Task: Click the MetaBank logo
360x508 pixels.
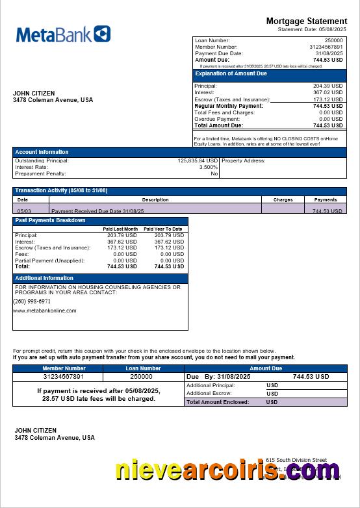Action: [63, 34]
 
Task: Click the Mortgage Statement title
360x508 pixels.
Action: [307, 21]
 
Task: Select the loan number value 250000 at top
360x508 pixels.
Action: [333, 40]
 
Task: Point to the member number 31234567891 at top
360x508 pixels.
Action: [326, 47]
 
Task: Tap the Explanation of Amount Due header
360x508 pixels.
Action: [231, 74]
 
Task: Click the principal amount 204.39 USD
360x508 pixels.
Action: [328, 86]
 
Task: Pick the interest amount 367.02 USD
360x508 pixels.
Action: [328, 92]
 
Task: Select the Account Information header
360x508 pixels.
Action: [42, 152]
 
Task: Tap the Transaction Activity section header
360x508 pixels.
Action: [61, 190]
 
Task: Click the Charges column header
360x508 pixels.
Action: [283, 199]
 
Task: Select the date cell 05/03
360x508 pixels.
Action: [24, 211]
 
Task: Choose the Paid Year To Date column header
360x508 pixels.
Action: [162, 229]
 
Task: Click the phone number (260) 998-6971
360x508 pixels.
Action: [32, 301]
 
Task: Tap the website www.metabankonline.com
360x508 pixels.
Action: [44, 311]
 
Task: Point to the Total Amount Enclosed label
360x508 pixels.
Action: [218, 402]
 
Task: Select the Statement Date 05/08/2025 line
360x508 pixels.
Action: [312, 30]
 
